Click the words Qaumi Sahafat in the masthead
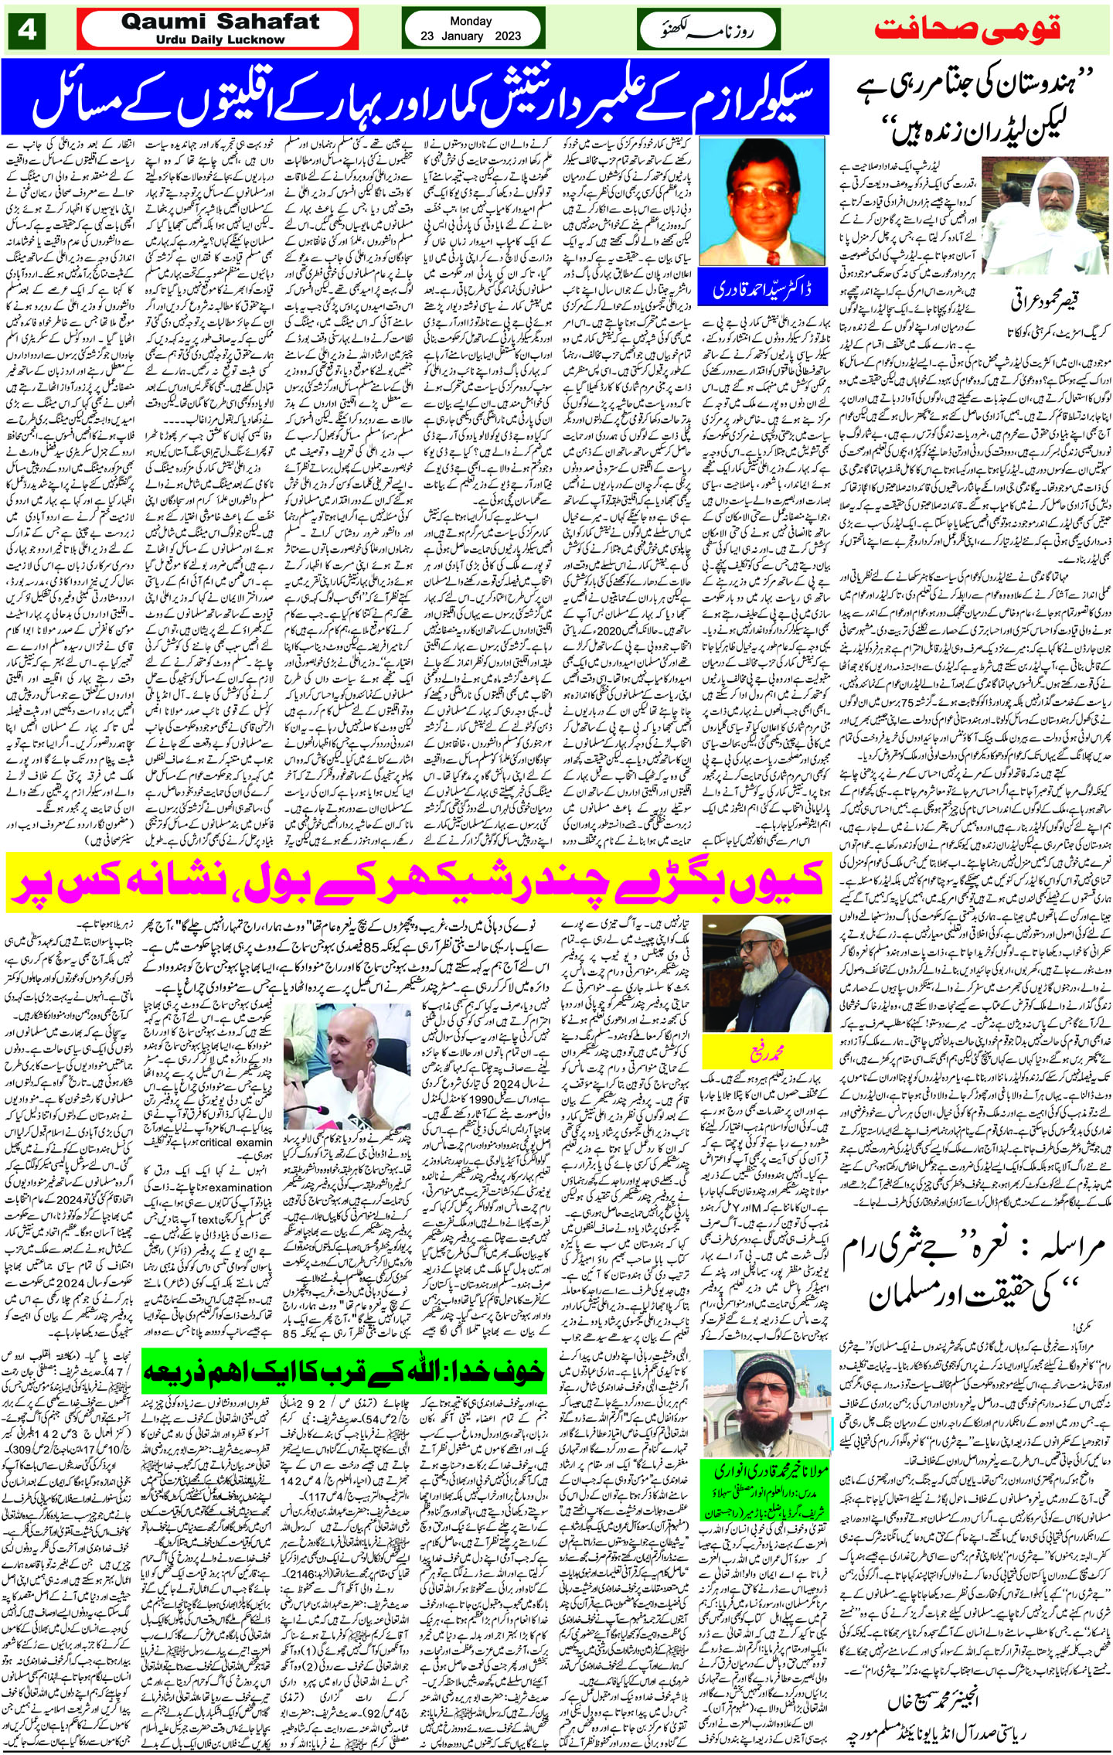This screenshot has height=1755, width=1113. [x=220, y=22]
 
